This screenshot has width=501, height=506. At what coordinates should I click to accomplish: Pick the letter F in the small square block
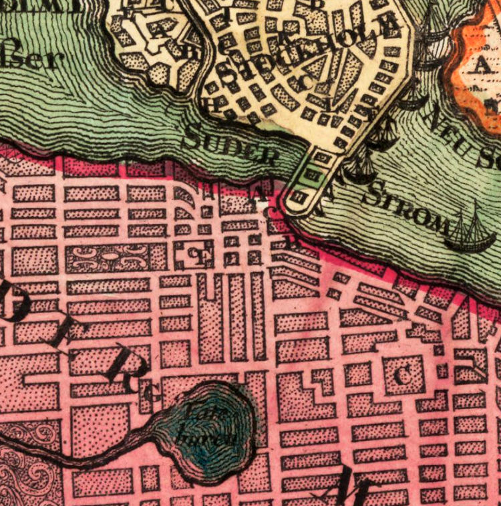pos(195,255)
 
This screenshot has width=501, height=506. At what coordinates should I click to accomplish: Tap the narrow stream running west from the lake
pos(80,457)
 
